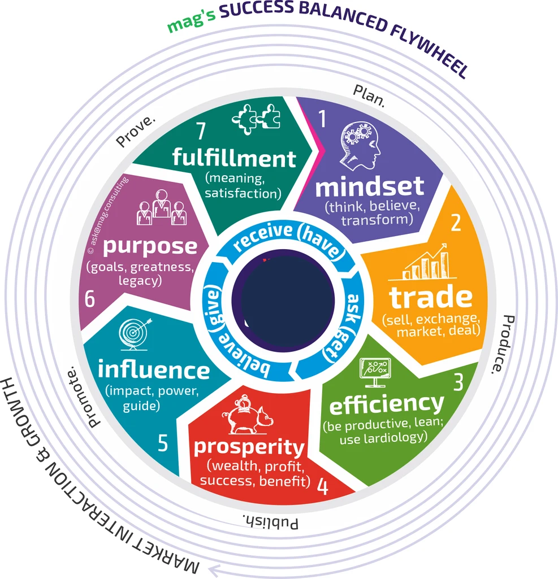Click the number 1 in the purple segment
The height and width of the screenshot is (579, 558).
322,119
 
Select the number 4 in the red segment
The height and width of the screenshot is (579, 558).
323,486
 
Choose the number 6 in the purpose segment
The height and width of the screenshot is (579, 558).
90,298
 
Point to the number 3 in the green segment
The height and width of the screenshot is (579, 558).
458,382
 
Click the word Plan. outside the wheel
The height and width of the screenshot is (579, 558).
369,96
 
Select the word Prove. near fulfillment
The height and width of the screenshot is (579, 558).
136,130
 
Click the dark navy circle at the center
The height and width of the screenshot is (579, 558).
284,301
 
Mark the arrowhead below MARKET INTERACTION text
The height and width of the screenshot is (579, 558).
214,570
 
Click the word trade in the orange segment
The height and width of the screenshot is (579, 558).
431,297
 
